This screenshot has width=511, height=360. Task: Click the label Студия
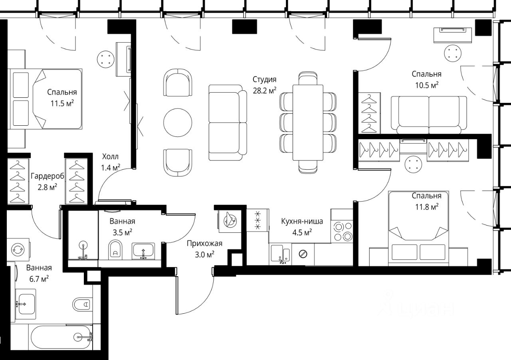(x=264, y=79)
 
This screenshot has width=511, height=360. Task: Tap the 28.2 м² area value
(x=264, y=91)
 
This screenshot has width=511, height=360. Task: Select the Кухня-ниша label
(x=302, y=221)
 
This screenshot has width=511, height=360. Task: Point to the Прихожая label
(x=204, y=243)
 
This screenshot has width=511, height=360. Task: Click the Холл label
(x=110, y=156)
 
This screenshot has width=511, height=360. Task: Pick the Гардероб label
(x=48, y=176)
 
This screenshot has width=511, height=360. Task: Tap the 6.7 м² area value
(x=39, y=279)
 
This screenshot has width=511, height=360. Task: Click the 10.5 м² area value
(x=427, y=85)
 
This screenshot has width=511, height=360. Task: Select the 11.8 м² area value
(x=427, y=207)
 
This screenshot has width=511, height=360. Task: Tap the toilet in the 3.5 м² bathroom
(x=115, y=249)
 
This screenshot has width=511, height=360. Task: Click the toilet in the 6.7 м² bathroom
(x=82, y=304)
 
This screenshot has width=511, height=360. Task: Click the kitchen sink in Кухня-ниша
(x=280, y=254)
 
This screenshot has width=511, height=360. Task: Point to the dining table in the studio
(x=308, y=123)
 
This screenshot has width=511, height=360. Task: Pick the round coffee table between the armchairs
(x=178, y=123)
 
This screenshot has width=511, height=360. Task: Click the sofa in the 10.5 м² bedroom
(x=429, y=115)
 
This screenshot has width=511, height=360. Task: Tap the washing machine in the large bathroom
(x=18, y=250)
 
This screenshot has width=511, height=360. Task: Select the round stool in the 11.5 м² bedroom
(x=105, y=59)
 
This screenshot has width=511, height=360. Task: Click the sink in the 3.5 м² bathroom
(x=143, y=251)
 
